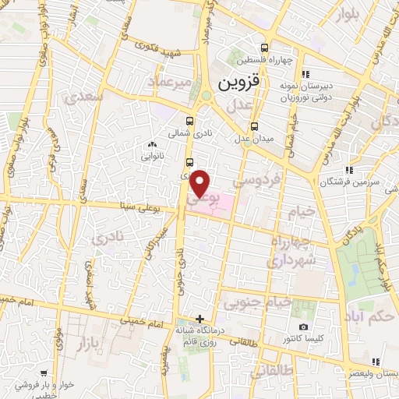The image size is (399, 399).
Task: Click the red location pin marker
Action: coord(201,184)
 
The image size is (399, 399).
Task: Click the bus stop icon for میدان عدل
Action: coord(253,127)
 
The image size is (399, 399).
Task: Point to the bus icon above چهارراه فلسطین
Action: coord(269,47)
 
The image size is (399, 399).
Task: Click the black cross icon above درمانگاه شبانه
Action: coord(200,318)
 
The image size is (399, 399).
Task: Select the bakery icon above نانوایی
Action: coord(151,145)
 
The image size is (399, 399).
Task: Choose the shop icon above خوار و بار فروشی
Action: coord(55,374)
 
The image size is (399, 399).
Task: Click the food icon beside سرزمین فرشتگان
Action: coord(349,169)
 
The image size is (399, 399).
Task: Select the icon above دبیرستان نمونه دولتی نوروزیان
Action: coord(305,74)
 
